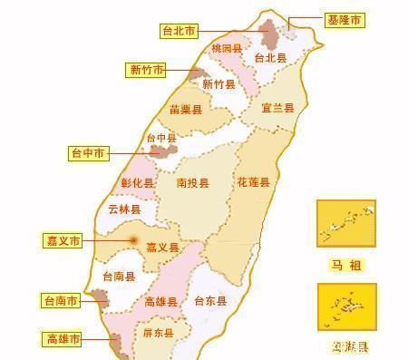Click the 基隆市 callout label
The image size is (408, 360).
point(345,19)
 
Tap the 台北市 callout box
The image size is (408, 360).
point(179,31)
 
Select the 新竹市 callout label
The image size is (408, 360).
point(146,70)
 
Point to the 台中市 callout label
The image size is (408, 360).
point(88,153)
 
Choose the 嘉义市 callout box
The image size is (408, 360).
point(63,241)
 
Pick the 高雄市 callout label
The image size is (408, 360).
point(63,339)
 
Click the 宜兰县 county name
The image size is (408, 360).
point(277,108)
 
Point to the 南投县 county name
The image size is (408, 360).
point(192,183)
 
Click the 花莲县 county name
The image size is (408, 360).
point(253,182)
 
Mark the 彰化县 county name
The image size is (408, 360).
point(138,182)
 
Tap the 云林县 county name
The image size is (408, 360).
point(124,209)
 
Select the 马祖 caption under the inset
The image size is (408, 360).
point(345,264)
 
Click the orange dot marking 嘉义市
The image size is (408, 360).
point(134,240)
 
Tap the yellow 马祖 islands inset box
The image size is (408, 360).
point(345,223)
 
